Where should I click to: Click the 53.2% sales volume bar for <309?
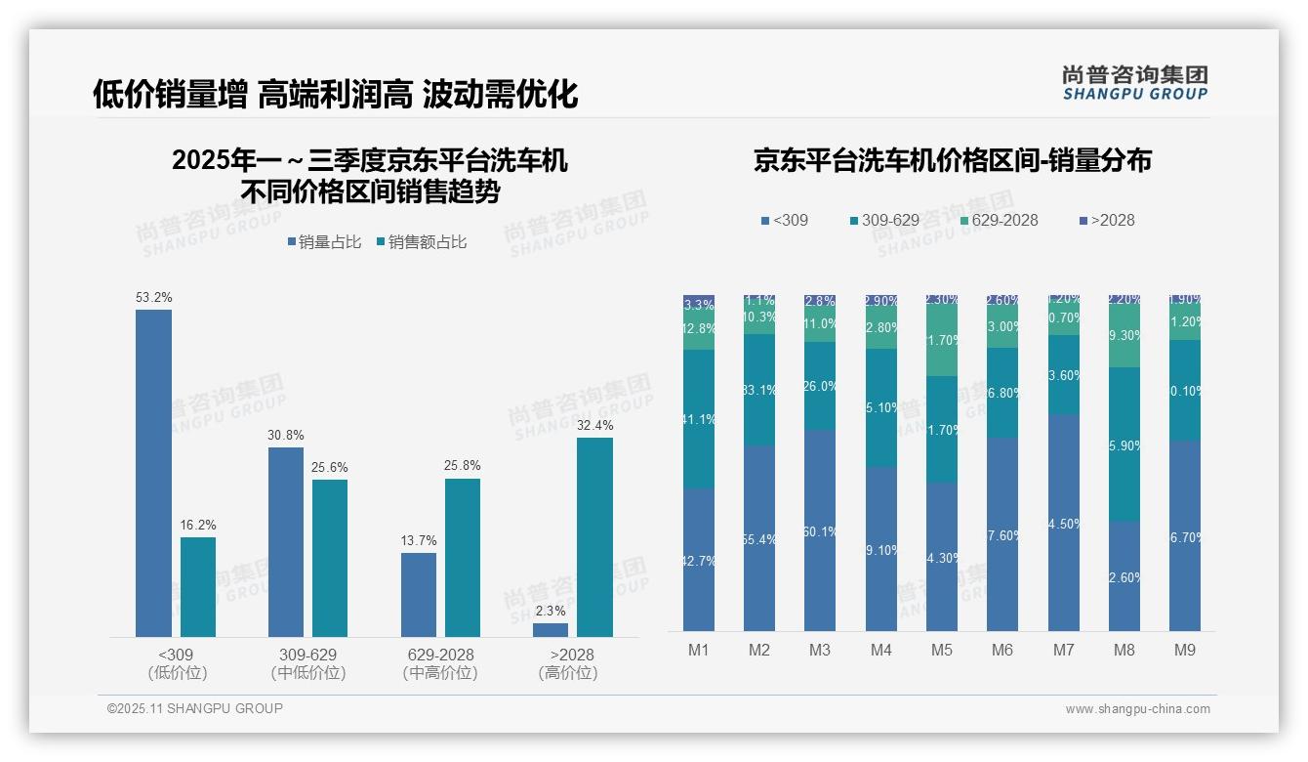tap(153, 473)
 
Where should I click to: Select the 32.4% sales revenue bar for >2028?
tap(594, 537)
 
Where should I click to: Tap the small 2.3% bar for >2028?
tap(551, 630)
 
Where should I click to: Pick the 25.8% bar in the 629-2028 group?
tap(463, 557)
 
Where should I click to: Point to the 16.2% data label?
tap(197, 525)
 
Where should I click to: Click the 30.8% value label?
tap(285, 435)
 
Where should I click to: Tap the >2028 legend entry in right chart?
tap(1108, 221)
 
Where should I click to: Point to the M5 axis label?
tap(941, 650)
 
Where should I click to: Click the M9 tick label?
tap(1184, 650)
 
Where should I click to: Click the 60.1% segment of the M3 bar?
tap(820, 530)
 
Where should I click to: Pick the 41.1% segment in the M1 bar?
tap(699, 419)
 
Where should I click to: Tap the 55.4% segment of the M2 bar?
tap(759, 538)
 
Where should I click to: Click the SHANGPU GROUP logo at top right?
tap(1134, 83)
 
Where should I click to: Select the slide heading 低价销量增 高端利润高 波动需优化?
tap(336, 94)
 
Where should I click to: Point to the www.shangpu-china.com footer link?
tap(1137, 709)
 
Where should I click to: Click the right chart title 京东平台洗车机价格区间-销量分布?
tap(952, 160)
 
